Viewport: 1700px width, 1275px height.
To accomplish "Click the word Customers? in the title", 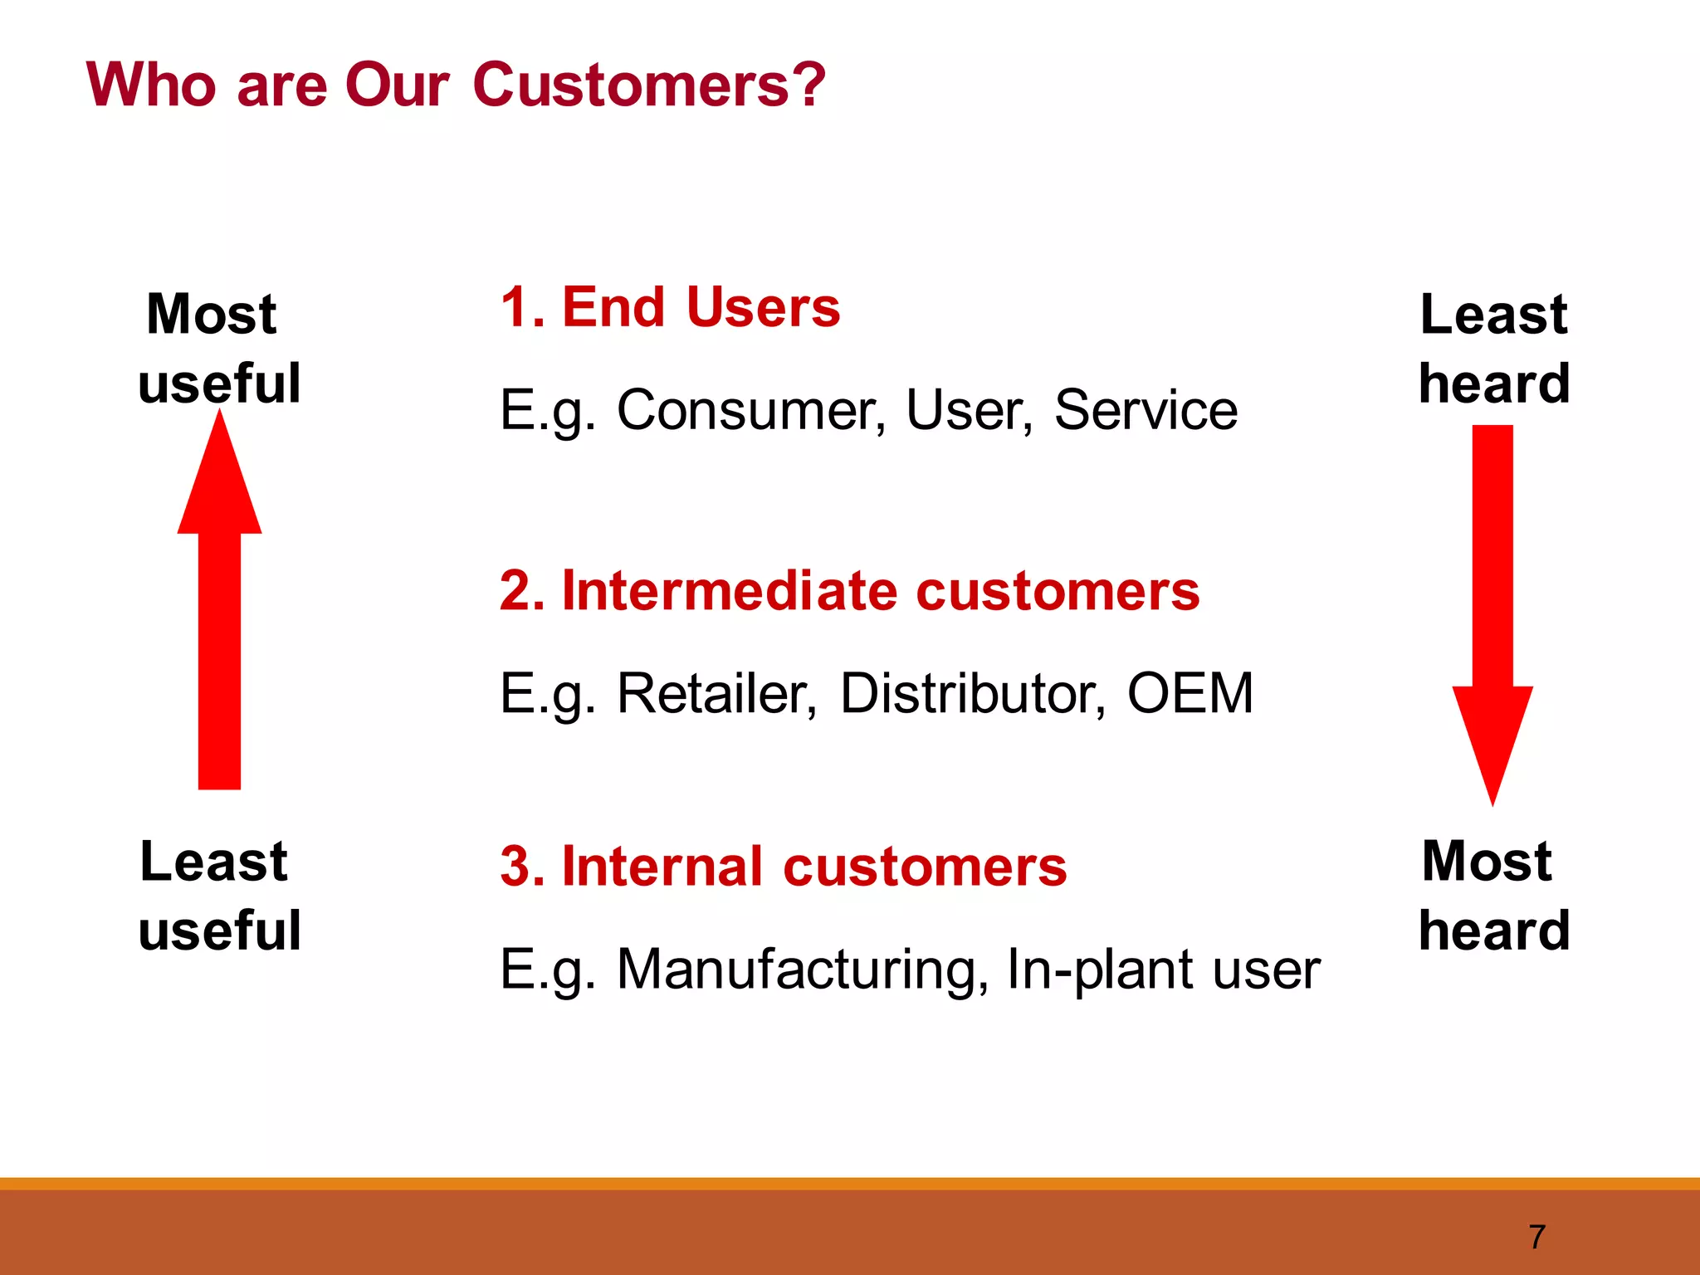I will pos(649,85).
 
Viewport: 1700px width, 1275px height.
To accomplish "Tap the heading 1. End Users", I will pos(670,307).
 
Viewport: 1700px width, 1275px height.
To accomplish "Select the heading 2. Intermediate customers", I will pos(849,591).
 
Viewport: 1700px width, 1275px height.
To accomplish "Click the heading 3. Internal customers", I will pos(783,867).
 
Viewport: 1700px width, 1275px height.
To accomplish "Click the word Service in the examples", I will pos(1146,410).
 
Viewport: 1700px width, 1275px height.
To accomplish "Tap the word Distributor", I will pos(972,693).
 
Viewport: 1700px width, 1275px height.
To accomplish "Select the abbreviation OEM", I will pos(1190,693).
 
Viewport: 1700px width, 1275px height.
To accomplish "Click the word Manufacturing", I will pos(802,969).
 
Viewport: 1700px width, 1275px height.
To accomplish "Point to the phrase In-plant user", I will pos(1162,969).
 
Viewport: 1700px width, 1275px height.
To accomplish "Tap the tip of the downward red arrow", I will pos(1492,801).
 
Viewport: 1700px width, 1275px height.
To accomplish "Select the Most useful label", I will pos(218,349).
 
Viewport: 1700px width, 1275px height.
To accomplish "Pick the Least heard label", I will pos(1494,349).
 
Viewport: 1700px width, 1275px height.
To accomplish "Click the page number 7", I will pos(1536,1237).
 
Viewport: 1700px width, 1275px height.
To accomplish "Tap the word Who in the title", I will pos(151,85).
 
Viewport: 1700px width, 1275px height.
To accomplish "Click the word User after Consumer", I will pos(968,410).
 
